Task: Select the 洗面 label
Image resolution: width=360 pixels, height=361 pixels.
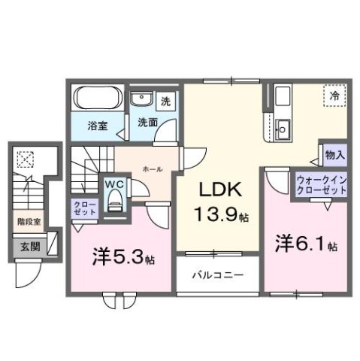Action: click(x=147, y=122)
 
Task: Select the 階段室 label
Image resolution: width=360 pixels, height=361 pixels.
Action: click(x=28, y=223)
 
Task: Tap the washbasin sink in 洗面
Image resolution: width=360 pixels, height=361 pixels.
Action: click(x=141, y=101)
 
